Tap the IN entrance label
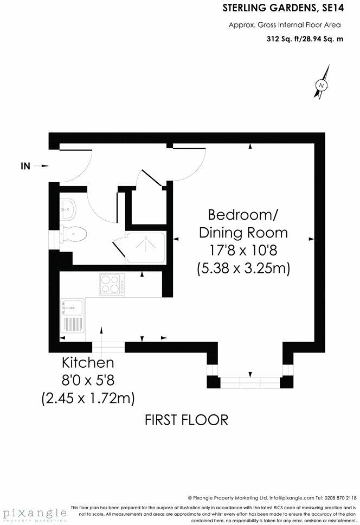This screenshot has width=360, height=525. (25, 167)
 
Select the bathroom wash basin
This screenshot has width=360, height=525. (68, 206)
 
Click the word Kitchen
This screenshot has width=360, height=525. (87, 362)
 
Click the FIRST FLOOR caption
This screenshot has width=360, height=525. (186, 419)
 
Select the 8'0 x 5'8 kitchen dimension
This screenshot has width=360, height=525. (87, 380)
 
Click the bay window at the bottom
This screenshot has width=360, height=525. (250, 382)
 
